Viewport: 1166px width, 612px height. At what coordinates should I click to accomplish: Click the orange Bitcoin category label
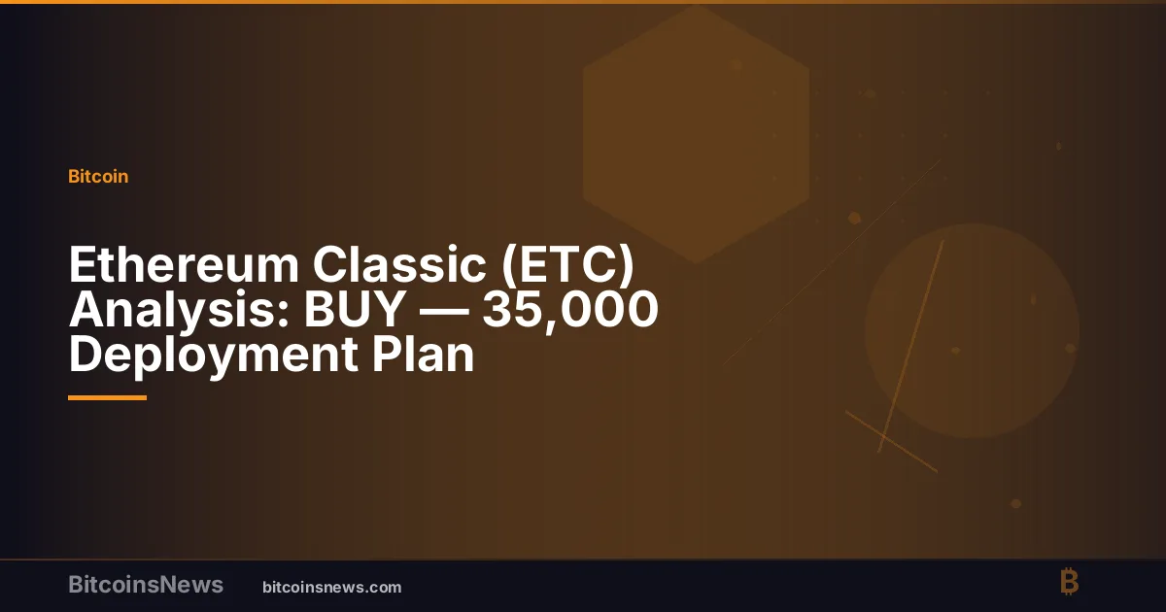(98, 177)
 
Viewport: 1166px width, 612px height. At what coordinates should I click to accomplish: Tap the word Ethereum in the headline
(184, 264)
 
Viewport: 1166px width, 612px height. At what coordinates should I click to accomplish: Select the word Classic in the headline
(399, 264)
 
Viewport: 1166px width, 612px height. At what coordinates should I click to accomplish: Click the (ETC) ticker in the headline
(567, 265)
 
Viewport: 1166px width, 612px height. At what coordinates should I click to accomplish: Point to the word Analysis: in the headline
(179, 311)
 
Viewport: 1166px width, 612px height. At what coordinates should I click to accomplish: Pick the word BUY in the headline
(355, 309)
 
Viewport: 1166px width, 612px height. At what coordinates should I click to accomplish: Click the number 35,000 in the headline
(570, 311)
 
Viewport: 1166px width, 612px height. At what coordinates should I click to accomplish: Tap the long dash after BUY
(444, 311)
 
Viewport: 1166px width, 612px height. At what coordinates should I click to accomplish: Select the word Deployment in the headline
(214, 356)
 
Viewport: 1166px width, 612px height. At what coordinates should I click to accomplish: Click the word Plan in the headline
(423, 354)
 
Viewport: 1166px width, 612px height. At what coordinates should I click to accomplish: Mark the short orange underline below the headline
(107, 398)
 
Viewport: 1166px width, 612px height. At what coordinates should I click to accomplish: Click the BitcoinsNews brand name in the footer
(146, 585)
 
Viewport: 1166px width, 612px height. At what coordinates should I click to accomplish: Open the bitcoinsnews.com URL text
(332, 588)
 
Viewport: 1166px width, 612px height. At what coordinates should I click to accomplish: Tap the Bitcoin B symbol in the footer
(1070, 582)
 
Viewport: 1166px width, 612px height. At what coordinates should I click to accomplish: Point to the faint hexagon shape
(696, 134)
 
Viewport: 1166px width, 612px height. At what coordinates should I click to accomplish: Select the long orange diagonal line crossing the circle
(911, 346)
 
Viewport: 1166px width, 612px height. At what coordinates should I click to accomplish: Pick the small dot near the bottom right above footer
(1015, 504)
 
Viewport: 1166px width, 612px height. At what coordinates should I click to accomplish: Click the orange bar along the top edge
(583, 2)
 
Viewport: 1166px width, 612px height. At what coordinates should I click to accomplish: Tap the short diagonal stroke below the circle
(892, 441)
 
